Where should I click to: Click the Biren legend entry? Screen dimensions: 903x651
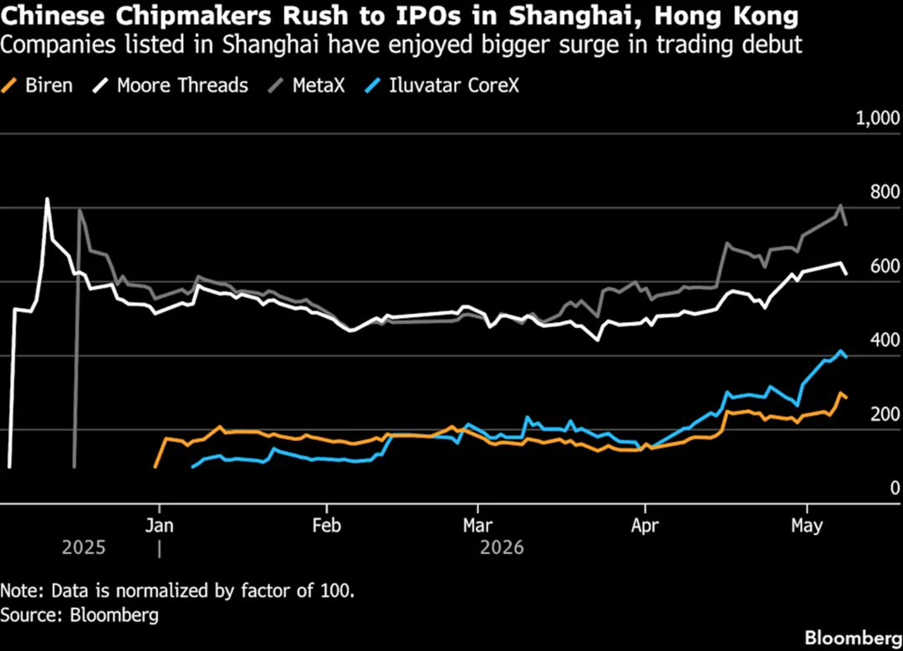click(37, 86)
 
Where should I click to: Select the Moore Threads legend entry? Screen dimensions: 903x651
click(171, 86)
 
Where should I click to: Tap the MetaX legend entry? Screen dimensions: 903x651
click(307, 86)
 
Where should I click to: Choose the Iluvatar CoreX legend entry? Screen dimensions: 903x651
click(442, 86)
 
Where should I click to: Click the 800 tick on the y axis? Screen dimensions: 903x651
click(885, 192)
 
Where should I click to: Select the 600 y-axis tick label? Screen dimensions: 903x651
click(885, 266)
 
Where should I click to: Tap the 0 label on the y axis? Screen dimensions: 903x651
click(895, 488)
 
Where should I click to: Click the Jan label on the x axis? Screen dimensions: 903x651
click(159, 525)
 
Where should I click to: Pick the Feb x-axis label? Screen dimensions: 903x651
click(327, 525)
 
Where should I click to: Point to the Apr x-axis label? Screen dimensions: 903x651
click(645, 525)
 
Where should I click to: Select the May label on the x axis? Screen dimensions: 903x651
click(807, 525)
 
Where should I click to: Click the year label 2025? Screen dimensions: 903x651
click(84, 547)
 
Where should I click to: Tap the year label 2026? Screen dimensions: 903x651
click(502, 547)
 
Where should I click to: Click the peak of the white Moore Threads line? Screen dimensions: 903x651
click(47, 199)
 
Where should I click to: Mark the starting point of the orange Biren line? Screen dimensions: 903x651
click(156, 466)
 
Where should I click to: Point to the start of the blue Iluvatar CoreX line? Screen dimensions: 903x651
click(193, 466)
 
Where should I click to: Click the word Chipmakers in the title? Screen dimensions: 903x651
click(193, 16)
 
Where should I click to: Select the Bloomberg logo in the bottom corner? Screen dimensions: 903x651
click(854, 638)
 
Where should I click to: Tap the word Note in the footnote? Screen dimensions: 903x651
click(21, 591)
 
